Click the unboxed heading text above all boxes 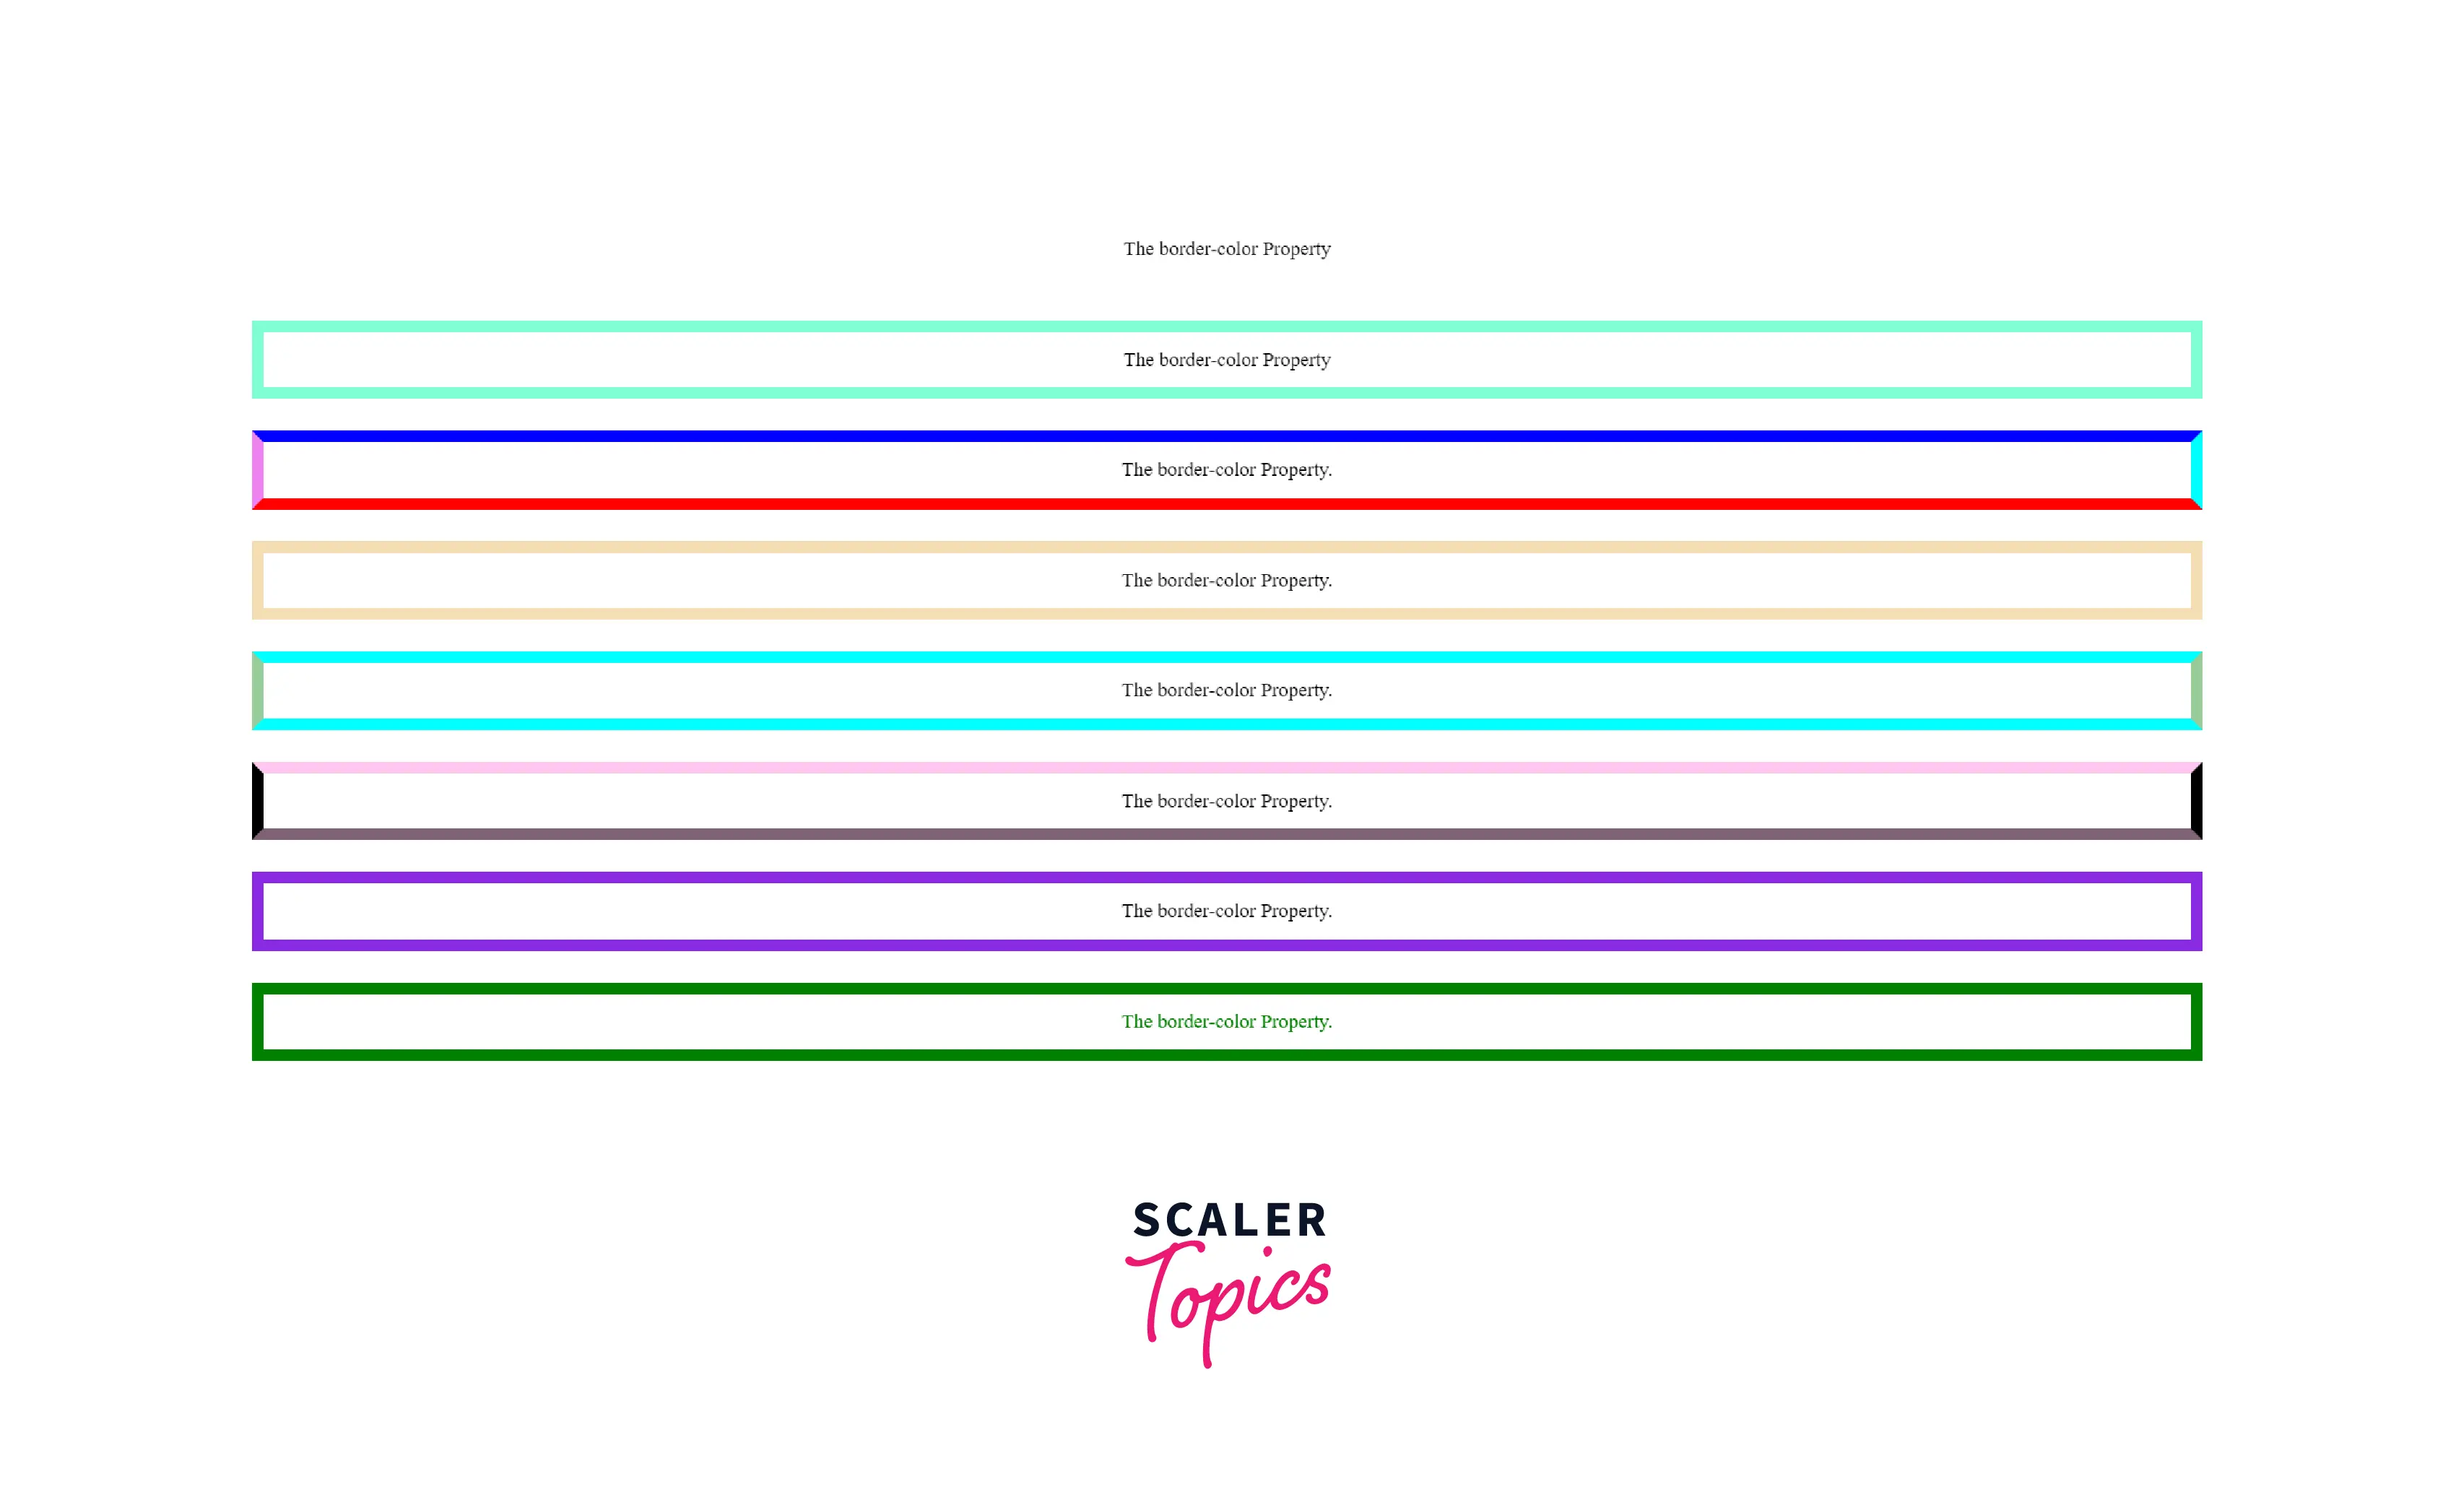click(x=1227, y=248)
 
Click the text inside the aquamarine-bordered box click(x=1227, y=360)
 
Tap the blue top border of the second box click(x=1227, y=435)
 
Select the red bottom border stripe click(x=1227, y=504)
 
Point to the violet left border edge click(x=257, y=470)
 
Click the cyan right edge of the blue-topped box click(x=2197, y=470)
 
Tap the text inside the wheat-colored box click(x=1227, y=580)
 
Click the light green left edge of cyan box click(x=257, y=690)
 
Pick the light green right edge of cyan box click(x=2197, y=690)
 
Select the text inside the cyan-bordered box click(x=1227, y=690)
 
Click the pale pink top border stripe click(x=1227, y=768)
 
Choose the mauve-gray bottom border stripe click(x=1227, y=834)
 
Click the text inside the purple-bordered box click(x=1227, y=911)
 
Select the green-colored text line click(x=1227, y=1022)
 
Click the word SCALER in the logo click(x=1230, y=1220)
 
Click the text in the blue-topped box click(x=1227, y=469)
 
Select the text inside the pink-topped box click(x=1227, y=802)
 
